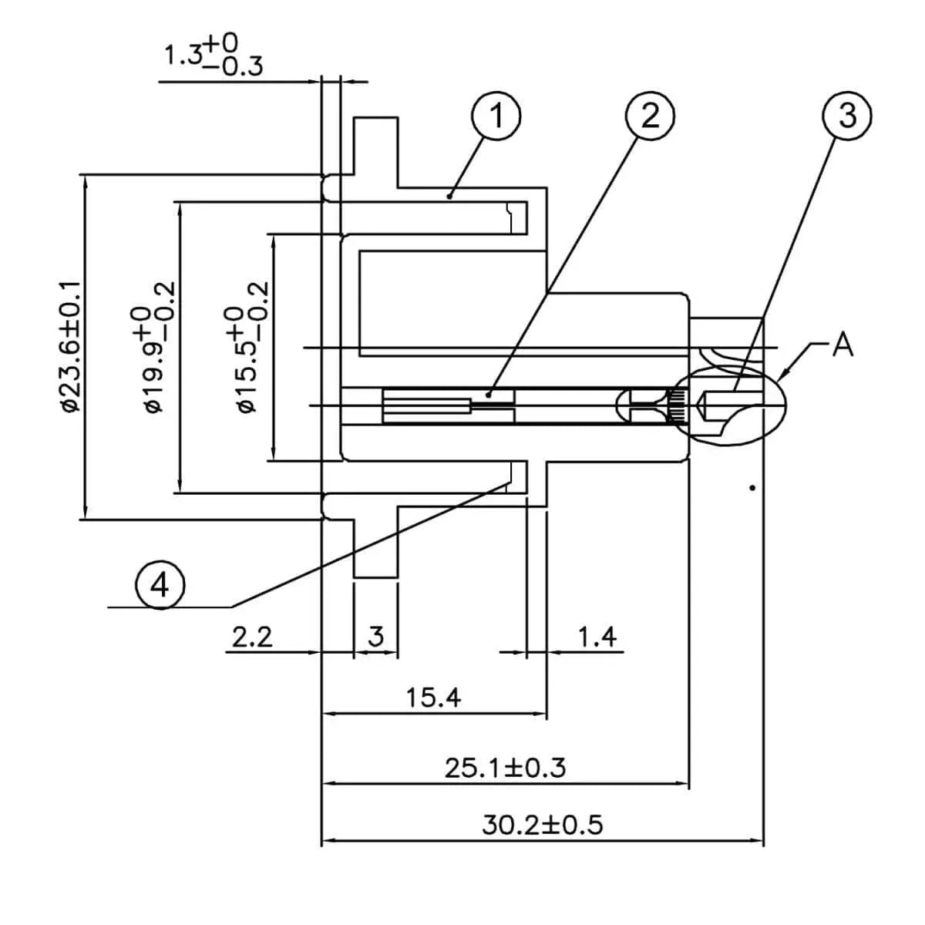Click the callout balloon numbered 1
coord(496,117)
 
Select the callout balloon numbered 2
coord(651,117)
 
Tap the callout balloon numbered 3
coord(846,117)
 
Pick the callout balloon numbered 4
coord(159,586)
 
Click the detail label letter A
coord(843,345)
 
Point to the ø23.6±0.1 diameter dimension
coord(72,347)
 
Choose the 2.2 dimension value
coord(252,637)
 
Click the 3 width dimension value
coord(376,637)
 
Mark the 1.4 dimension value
coord(597,637)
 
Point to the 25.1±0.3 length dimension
coord(505,768)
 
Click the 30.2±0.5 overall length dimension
coord(543,826)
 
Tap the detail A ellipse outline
coord(785,385)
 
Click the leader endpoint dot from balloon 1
coord(449,197)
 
